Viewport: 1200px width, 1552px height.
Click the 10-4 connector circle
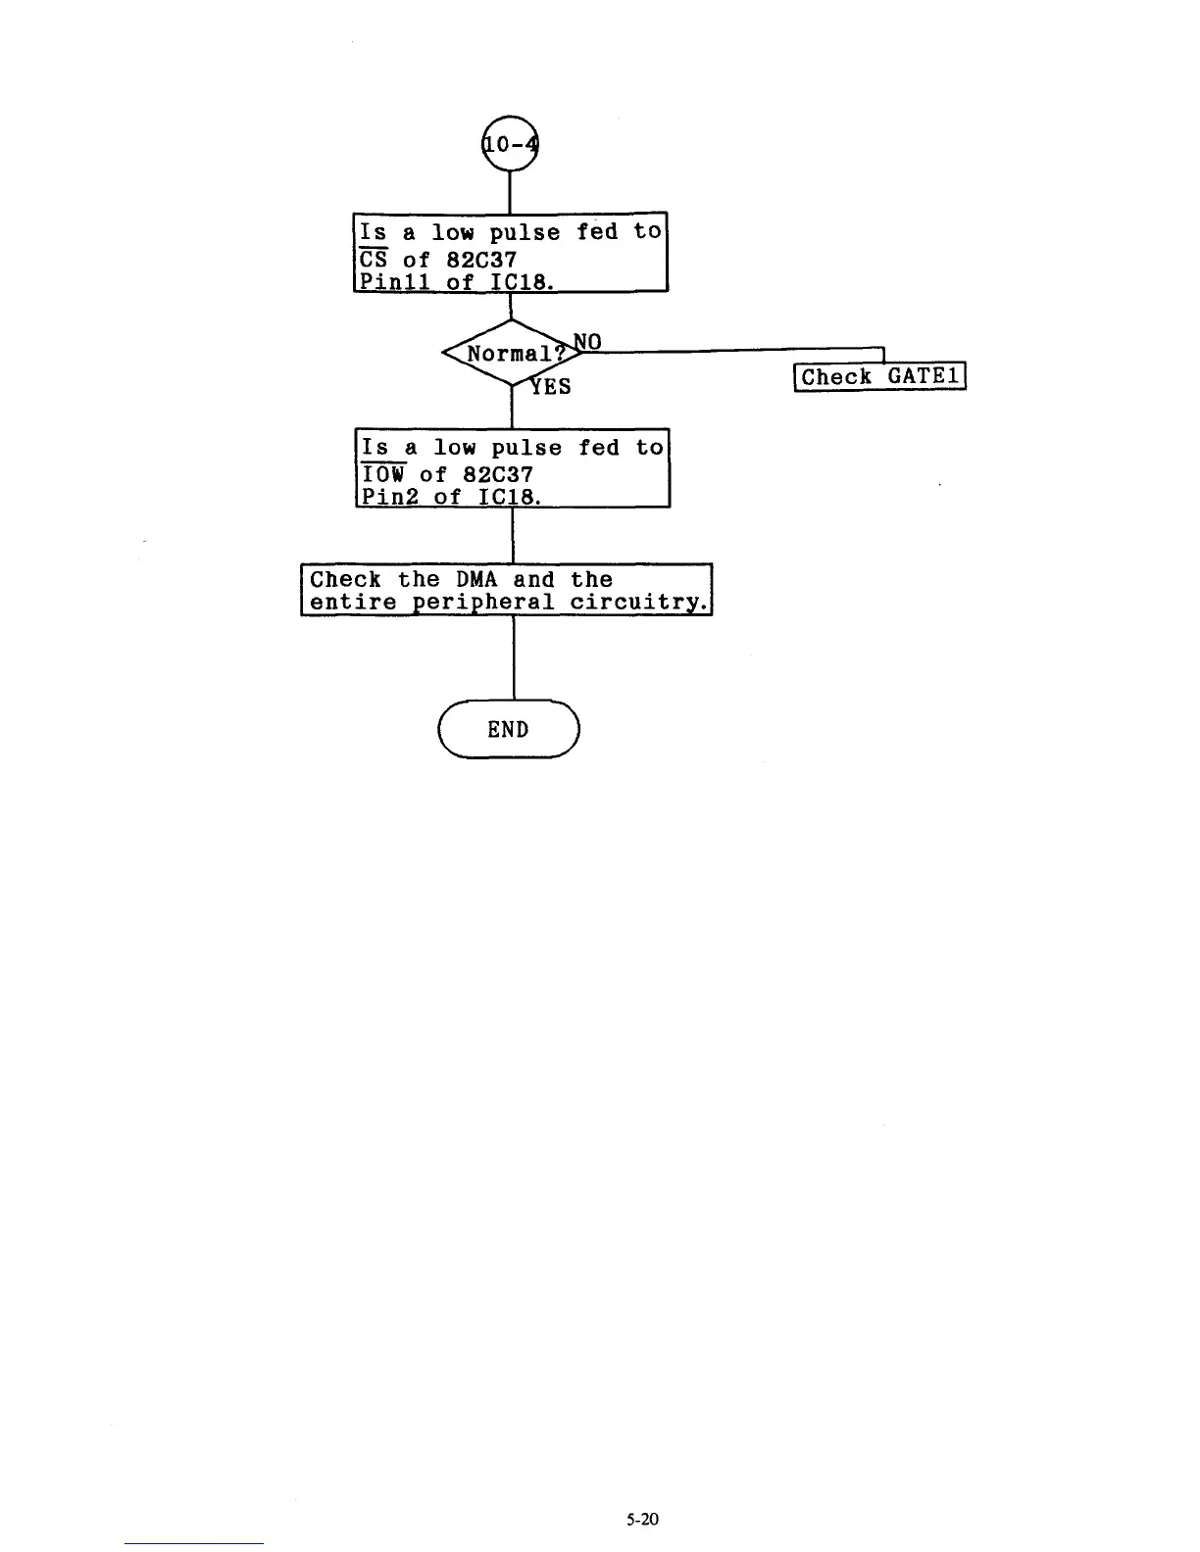point(510,144)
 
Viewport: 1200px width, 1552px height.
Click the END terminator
point(509,729)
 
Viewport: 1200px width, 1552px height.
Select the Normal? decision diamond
point(510,354)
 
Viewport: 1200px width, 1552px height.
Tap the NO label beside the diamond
point(587,341)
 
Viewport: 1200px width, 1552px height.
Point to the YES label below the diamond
point(550,386)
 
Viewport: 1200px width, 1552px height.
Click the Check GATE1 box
point(879,377)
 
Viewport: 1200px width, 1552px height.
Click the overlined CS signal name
point(374,260)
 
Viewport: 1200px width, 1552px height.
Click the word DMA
point(476,579)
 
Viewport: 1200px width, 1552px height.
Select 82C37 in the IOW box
point(498,474)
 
